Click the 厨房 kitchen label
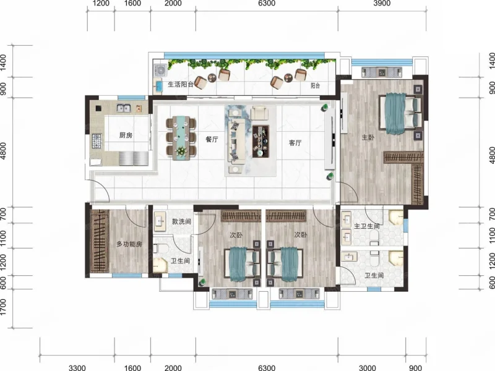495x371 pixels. click(x=126, y=135)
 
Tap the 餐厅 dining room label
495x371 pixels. click(x=212, y=139)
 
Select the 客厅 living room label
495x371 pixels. click(x=295, y=143)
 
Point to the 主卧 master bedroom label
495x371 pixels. click(x=368, y=137)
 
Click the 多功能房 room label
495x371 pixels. click(x=129, y=244)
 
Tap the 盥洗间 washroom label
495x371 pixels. click(x=181, y=221)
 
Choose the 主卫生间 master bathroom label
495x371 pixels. click(x=366, y=226)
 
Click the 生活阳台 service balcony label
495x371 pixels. click(x=181, y=85)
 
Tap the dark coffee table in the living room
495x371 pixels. click(x=260, y=141)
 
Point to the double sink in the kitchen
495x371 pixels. click(x=124, y=108)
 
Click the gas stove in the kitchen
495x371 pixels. click(x=97, y=141)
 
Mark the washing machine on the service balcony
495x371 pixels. click(x=160, y=70)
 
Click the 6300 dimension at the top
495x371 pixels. click(x=267, y=4)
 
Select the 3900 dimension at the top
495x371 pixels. click(x=382, y=4)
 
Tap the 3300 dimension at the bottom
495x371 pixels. click(x=77, y=367)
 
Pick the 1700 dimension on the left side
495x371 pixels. click(x=3, y=307)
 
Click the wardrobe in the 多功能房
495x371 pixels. click(x=100, y=241)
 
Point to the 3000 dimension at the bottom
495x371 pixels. click(x=368, y=367)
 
